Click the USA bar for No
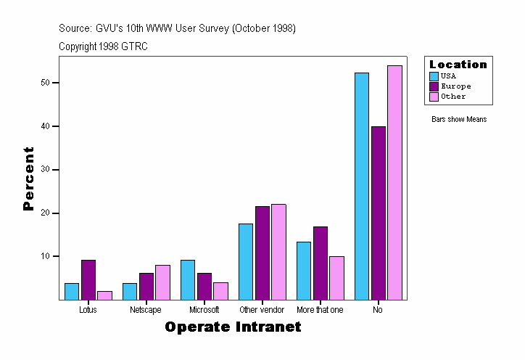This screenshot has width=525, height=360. tap(362, 186)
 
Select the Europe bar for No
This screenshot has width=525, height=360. tap(378, 213)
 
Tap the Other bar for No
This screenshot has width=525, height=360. tap(394, 182)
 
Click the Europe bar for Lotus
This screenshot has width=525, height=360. tap(88, 279)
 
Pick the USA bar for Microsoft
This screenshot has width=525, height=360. tap(188, 279)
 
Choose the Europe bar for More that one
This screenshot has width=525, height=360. tap(320, 263)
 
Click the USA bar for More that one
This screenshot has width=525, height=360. tap(304, 270)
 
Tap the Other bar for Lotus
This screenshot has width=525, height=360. tap(104, 295)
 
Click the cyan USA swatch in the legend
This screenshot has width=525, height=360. tap(434, 76)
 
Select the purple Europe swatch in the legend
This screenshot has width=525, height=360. tap(434, 86)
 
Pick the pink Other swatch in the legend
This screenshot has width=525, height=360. tap(434, 97)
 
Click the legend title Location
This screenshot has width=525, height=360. tap(458, 65)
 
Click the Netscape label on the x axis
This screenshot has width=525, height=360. tap(146, 310)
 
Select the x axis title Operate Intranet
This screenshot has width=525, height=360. tap(233, 327)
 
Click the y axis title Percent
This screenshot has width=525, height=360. tap(29, 179)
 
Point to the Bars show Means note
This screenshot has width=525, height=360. tap(459, 120)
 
